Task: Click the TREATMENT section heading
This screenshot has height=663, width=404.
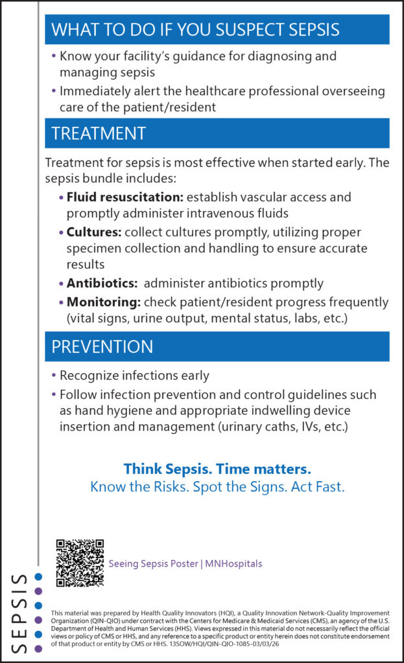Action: (x=99, y=133)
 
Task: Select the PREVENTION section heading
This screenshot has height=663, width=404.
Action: (x=102, y=346)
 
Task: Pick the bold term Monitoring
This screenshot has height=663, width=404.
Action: (x=103, y=302)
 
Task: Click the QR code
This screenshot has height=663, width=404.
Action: (x=80, y=563)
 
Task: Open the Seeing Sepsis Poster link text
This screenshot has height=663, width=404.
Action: (x=153, y=564)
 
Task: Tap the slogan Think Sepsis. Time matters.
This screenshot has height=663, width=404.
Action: (x=217, y=468)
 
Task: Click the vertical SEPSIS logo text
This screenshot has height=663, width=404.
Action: (x=20, y=612)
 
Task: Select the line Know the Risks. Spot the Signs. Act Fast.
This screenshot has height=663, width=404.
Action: (x=217, y=486)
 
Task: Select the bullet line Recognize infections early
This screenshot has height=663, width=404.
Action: (x=134, y=376)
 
